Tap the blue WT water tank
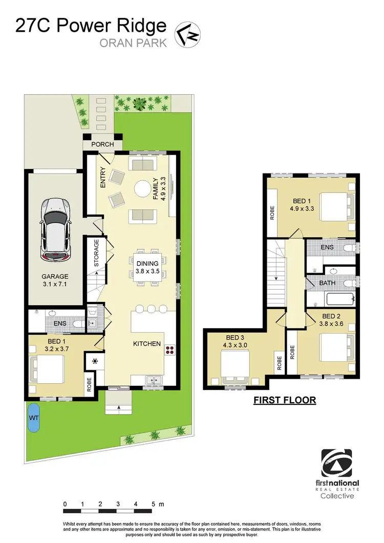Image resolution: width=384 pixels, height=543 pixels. tap(33, 418)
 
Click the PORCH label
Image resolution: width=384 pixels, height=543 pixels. tap(102, 144)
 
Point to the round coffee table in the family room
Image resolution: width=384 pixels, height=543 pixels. tap(142, 189)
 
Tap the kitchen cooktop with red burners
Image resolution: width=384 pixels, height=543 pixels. tap(169, 350)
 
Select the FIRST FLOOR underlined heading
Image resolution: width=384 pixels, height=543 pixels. tap(285, 400)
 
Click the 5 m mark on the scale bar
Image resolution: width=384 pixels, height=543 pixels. tap(153, 504)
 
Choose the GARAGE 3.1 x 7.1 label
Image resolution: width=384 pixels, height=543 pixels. tap(55, 280)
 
